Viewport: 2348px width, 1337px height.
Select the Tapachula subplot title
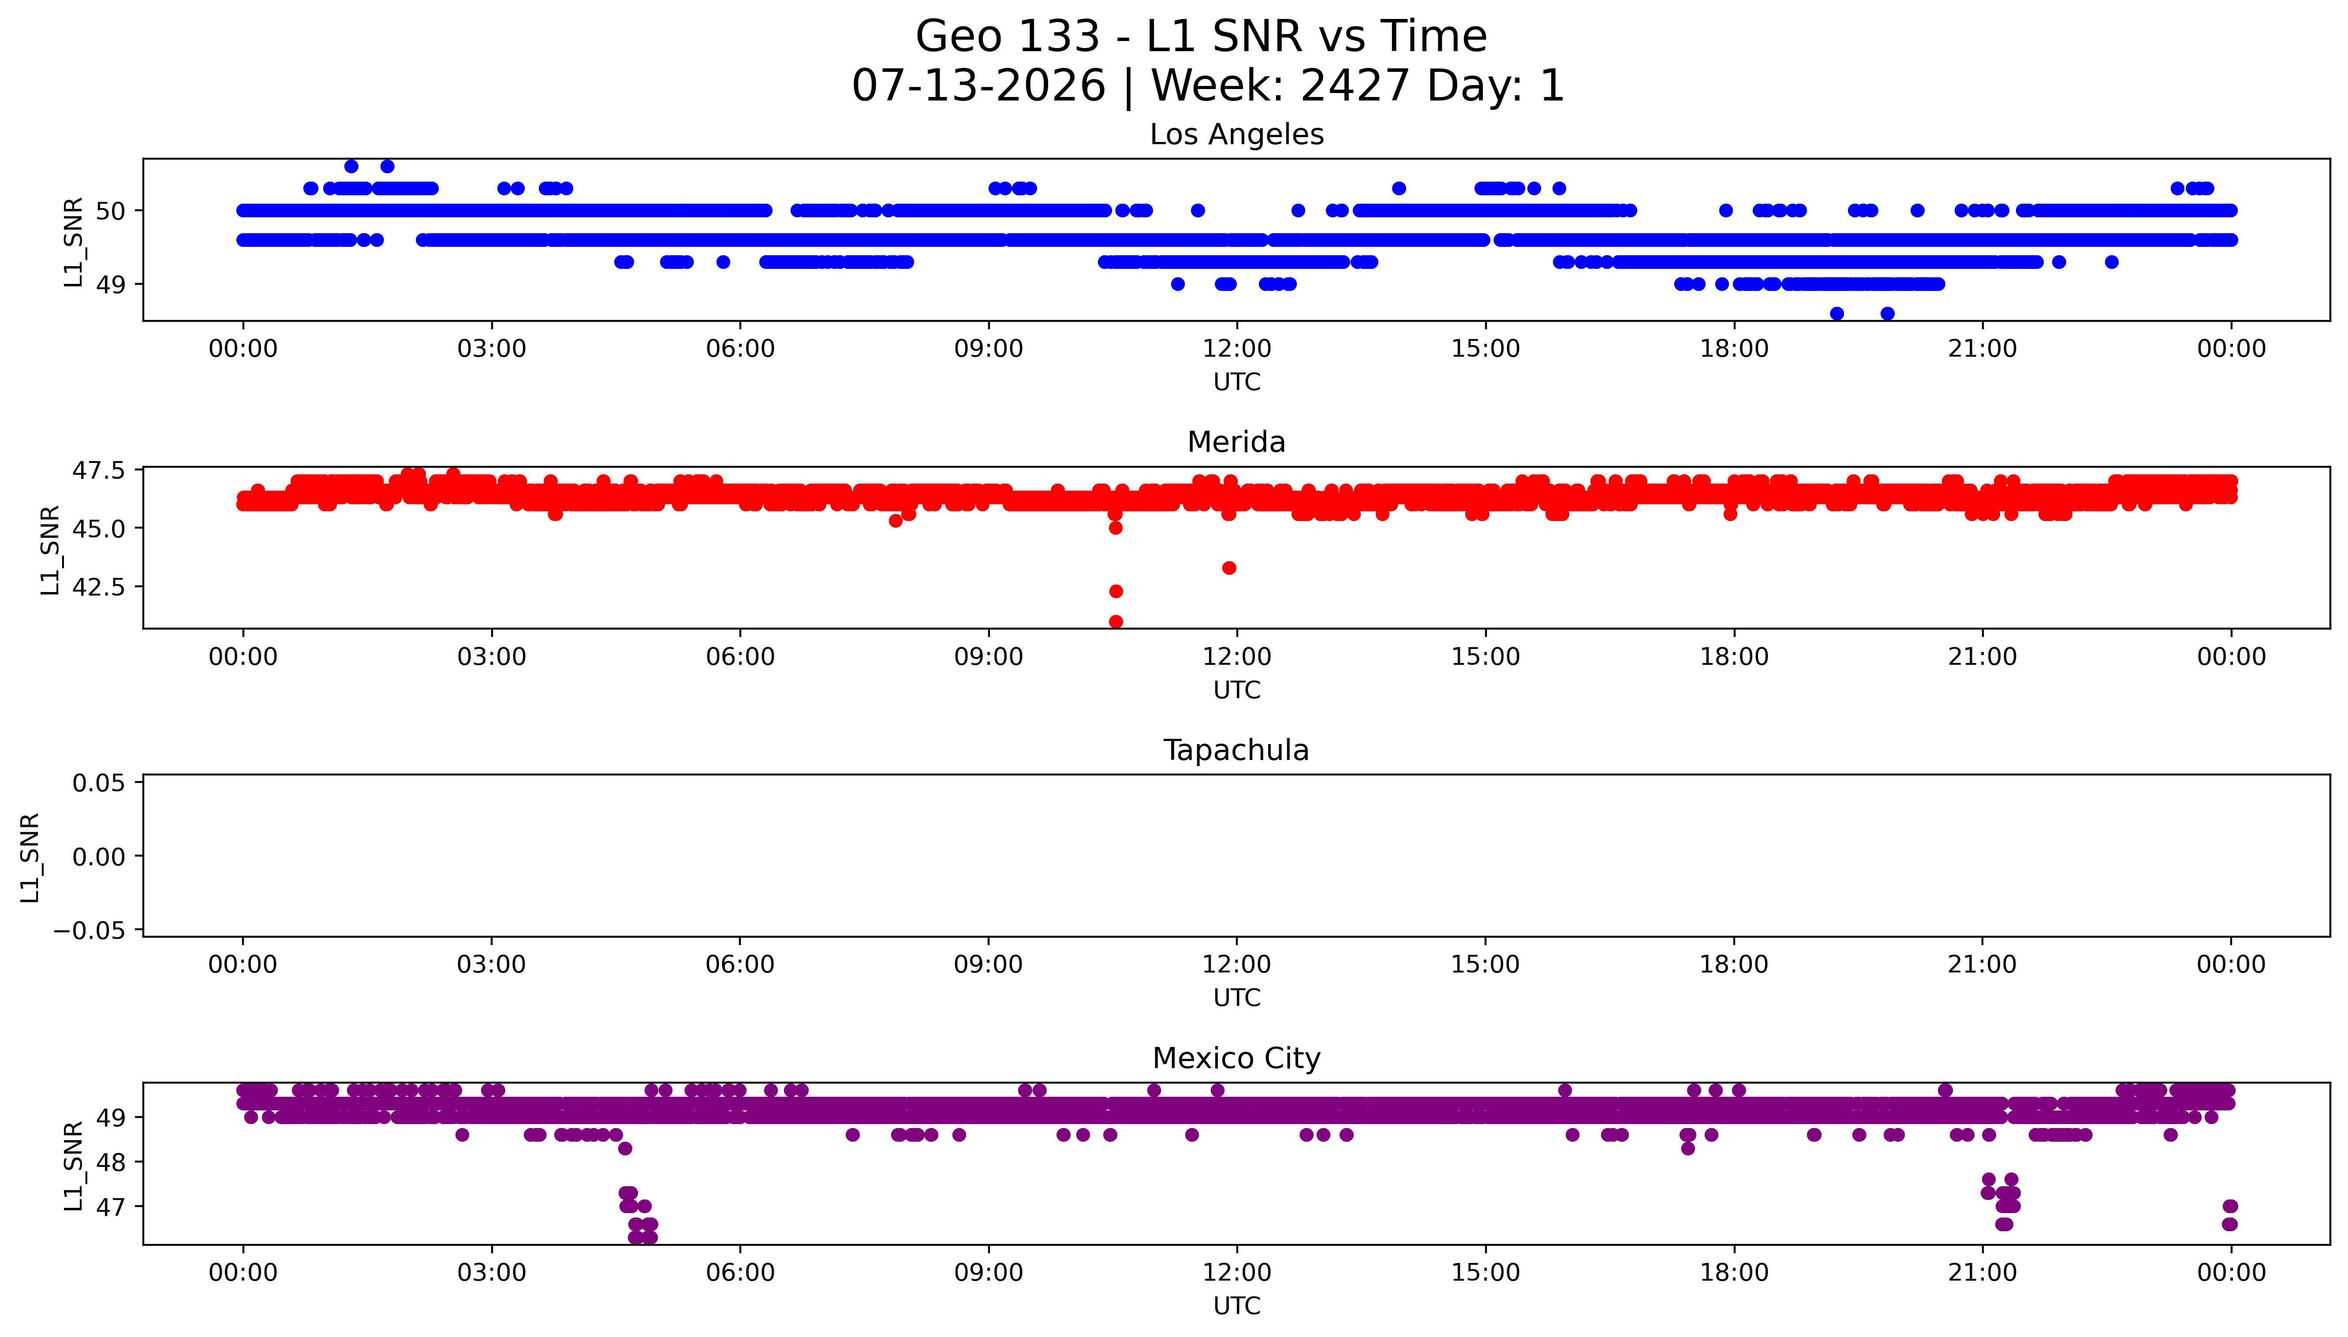[x=1236, y=750]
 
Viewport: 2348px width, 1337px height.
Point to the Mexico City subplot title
[x=1236, y=1059]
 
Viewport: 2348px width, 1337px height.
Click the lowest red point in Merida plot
[x=1116, y=622]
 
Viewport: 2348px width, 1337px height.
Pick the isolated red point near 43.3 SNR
[x=1228, y=567]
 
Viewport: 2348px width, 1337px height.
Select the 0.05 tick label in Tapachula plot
[x=98, y=783]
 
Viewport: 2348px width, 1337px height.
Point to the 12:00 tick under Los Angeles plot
[x=1237, y=349]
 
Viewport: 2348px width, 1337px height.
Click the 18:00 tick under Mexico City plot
[x=1734, y=1273]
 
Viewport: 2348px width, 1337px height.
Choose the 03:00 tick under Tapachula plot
[x=491, y=964]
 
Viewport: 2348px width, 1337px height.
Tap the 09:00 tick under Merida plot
[x=988, y=656]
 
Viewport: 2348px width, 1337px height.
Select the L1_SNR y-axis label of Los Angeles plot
[x=74, y=242]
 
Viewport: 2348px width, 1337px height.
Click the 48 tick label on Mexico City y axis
[x=111, y=1162]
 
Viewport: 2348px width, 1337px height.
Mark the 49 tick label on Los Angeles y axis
[x=111, y=285]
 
